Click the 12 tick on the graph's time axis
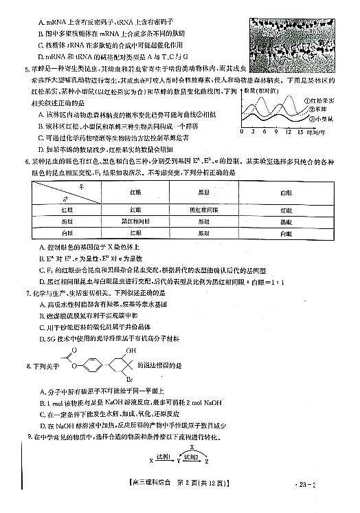[290, 131]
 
